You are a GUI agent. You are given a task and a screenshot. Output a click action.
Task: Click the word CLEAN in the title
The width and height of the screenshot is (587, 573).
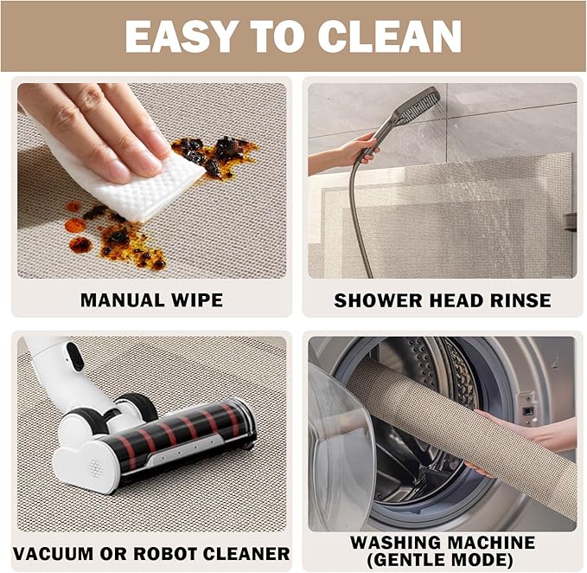(x=389, y=36)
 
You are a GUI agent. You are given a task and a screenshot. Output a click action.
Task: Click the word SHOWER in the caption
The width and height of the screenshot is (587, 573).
(x=378, y=300)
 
